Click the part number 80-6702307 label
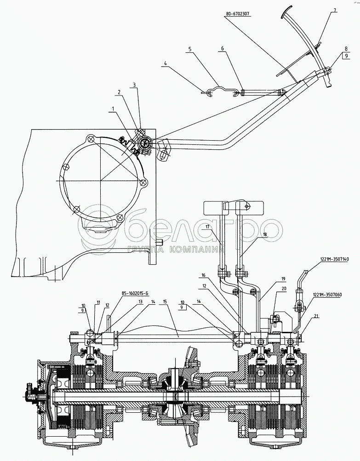coord(237,14)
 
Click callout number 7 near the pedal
coord(335,10)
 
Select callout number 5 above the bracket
coord(190,49)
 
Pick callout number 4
coord(166,63)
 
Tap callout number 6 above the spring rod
coord(223,48)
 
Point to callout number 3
coord(134,85)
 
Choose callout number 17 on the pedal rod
coord(207,227)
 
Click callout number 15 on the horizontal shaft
coord(165,302)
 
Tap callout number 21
coord(316,316)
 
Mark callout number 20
coord(284,289)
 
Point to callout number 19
coord(283,279)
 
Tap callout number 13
coord(140,302)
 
